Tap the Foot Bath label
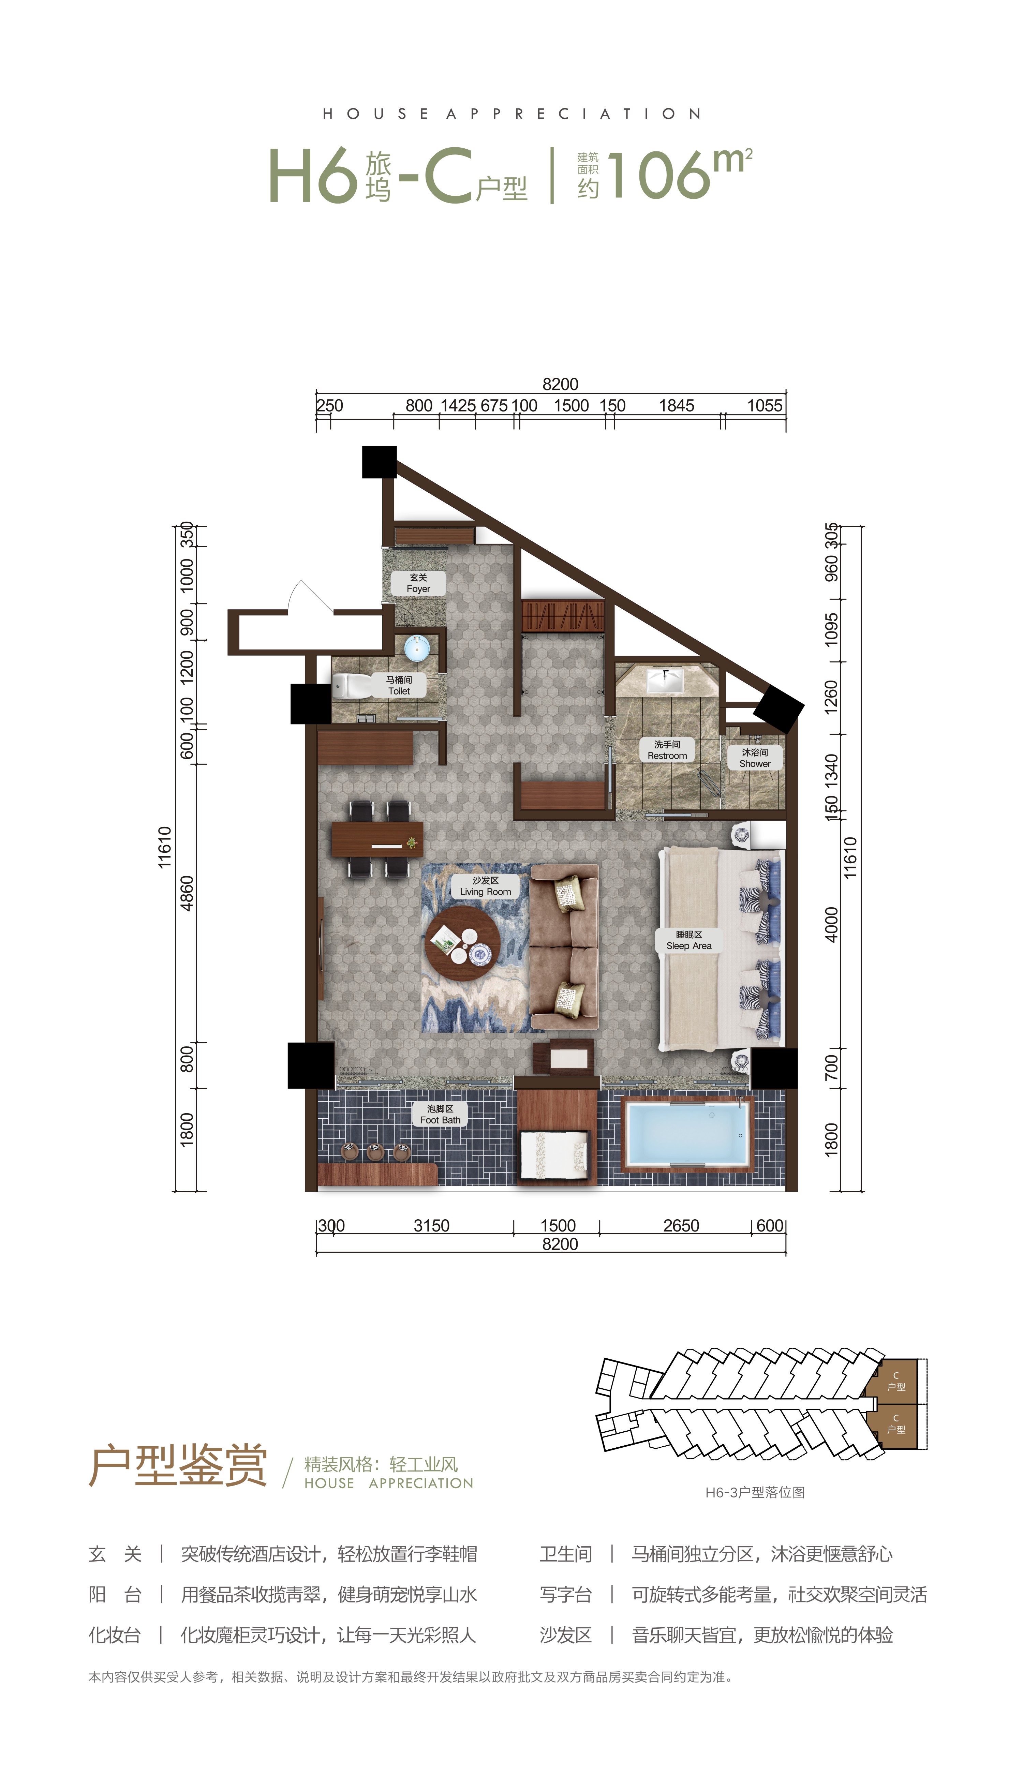440,1114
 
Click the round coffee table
462,945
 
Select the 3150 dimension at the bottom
431,1226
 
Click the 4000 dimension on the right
831,925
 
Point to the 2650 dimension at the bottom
681,1226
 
